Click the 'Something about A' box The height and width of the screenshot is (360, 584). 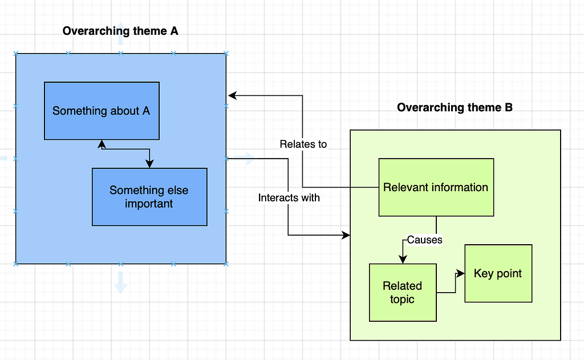102,111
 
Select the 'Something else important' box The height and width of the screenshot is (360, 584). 149,197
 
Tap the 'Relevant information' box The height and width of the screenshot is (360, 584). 436,187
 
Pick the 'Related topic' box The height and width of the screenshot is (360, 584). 403,292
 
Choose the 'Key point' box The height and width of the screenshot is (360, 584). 498,273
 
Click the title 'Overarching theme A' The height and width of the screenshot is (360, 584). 120,31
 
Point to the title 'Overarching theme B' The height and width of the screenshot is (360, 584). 455,107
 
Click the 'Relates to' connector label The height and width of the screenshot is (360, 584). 303,144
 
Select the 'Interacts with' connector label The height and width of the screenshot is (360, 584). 289,198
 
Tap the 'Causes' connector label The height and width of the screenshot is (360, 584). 425,240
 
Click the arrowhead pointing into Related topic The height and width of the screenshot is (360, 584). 403,260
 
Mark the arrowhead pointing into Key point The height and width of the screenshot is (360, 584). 461,274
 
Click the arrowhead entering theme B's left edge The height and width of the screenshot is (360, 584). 345,235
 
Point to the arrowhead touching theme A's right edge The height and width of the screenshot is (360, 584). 232,95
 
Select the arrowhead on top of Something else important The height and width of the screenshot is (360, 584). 149,164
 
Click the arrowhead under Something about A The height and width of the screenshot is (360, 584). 102,143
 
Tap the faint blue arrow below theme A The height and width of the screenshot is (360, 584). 120,282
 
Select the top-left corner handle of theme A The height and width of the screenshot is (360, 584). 16,54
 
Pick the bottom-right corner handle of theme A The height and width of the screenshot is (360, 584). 226,264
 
